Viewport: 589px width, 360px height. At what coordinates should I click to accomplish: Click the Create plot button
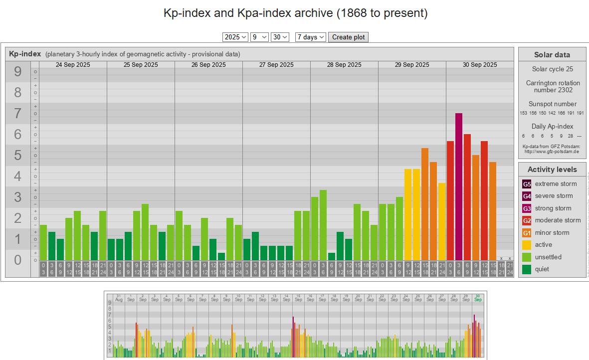(x=348, y=37)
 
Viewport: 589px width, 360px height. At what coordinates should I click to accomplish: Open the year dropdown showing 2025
(x=235, y=37)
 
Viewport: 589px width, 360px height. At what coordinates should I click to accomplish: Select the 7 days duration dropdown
(x=311, y=37)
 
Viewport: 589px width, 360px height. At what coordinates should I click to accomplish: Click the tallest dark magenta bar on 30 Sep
(x=459, y=186)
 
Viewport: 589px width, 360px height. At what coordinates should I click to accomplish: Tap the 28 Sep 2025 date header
(x=344, y=65)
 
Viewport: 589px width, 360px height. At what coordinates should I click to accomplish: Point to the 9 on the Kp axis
(x=18, y=72)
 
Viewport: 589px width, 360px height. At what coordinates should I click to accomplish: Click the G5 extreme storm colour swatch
(x=527, y=184)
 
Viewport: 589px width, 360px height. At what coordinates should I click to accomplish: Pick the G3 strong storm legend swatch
(x=527, y=208)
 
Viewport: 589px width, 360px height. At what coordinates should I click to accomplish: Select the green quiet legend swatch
(x=527, y=269)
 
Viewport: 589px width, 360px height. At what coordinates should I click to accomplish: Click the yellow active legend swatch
(x=527, y=245)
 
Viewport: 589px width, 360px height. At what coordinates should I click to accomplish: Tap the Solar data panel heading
(x=552, y=55)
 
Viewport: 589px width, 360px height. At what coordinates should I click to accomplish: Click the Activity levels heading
(x=552, y=170)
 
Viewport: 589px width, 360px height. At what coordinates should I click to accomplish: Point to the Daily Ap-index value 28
(x=570, y=136)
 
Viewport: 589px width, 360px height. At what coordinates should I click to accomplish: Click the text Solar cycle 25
(x=552, y=69)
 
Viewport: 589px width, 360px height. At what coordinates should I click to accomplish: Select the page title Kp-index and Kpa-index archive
(x=295, y=13)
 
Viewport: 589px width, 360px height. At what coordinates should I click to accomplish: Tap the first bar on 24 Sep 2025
(x=43, y=242)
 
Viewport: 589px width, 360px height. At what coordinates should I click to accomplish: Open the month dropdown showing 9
(x=259, y=37)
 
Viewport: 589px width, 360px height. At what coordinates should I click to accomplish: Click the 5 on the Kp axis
(x=18, y=156)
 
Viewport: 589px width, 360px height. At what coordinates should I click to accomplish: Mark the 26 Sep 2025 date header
(x=208, y=65)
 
